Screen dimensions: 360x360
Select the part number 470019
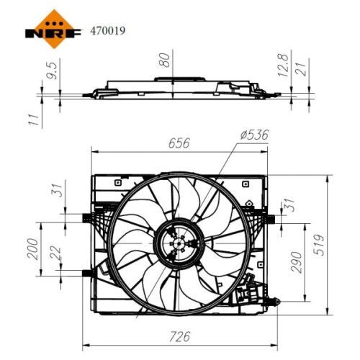(107, 31)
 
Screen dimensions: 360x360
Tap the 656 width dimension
(179, 143)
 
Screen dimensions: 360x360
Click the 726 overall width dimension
(179, 336)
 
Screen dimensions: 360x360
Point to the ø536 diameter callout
(254, 135)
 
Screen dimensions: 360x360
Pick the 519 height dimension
(320, 245)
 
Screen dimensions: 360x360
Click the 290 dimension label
(296, 262)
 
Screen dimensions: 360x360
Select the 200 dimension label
(33, 249)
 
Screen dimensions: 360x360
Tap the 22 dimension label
(56, 253)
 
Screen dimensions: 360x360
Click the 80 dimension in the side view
(166, 60)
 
